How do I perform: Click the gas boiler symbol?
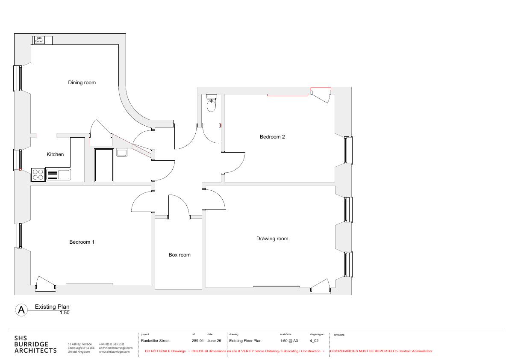click(42, 40)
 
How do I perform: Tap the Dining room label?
click(82, 83)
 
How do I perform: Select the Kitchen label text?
click(55, 154)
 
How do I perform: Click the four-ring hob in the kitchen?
click(38, 174)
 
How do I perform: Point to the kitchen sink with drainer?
click(58, 174)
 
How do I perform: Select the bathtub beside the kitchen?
click(104, 165)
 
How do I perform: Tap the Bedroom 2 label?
click(272, 137)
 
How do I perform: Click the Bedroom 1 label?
click(82, 242)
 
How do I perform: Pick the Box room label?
click(179, 255)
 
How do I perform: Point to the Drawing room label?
click(272, 239)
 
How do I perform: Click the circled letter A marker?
click(21, 310)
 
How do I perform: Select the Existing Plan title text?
click(52, 307)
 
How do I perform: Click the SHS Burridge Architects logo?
click(35, 345)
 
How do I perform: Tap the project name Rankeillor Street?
click(155, 341)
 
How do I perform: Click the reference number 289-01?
click(198, 341)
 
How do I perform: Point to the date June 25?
click(214, 341)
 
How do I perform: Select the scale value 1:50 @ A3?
click(289, 341)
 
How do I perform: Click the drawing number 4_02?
click(314, 341)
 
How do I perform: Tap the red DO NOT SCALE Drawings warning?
click(165, 351)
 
